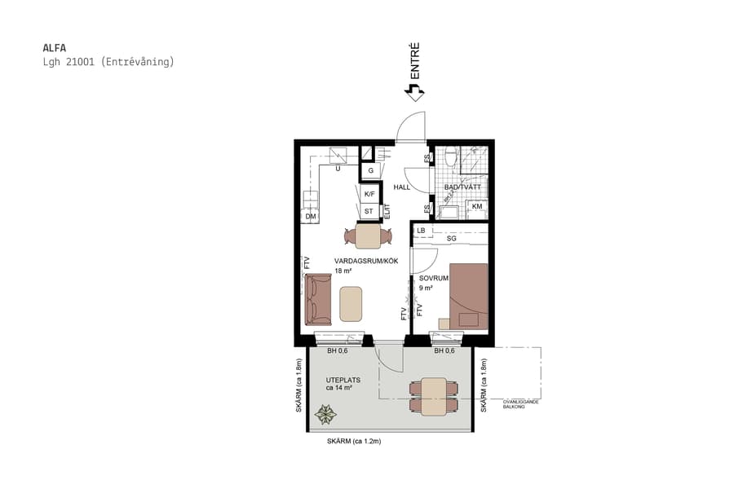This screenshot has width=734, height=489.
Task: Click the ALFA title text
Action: (x=55, y=47)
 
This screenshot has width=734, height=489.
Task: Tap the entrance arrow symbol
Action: (x=414, y=93)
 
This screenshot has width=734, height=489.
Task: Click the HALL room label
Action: (x=402, y=187)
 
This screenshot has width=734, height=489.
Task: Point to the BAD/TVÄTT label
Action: (x=461, y=187)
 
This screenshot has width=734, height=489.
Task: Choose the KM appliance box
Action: (x=477, y=207)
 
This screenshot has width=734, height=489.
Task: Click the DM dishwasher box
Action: (x=310, y=217)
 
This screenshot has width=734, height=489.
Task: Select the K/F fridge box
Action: (x=369, y=194)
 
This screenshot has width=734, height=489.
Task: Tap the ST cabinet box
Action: (x=369, y=212)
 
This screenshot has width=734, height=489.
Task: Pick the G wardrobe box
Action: (x=369, y=171)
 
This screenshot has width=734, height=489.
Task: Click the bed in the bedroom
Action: (x=468, y=296)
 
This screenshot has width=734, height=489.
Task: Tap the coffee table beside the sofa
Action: (x=352, y=304)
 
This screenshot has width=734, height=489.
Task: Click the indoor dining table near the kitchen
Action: (x=368, y=236)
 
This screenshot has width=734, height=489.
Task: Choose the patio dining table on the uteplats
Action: (x=434, y=397)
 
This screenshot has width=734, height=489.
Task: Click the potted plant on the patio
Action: (x=326, y=416)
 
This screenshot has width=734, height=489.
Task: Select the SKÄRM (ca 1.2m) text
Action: (x=354, y=441)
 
